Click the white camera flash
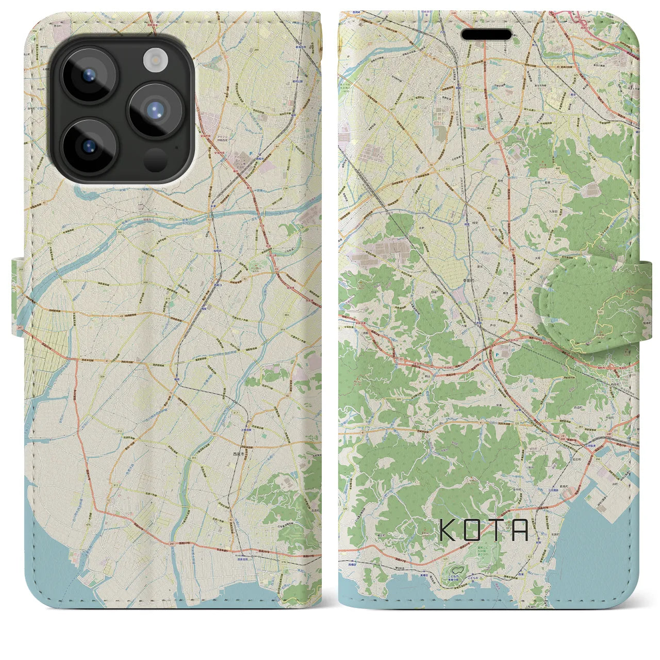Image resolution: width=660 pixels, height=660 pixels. tap(154, 61)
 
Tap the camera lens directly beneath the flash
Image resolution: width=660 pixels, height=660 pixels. tap(155, 110)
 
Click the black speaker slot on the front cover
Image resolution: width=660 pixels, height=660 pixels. tap(486, 35)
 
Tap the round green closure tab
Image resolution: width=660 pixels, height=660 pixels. tap(587, 304)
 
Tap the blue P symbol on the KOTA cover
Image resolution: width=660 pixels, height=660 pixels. tap(496, 355)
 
